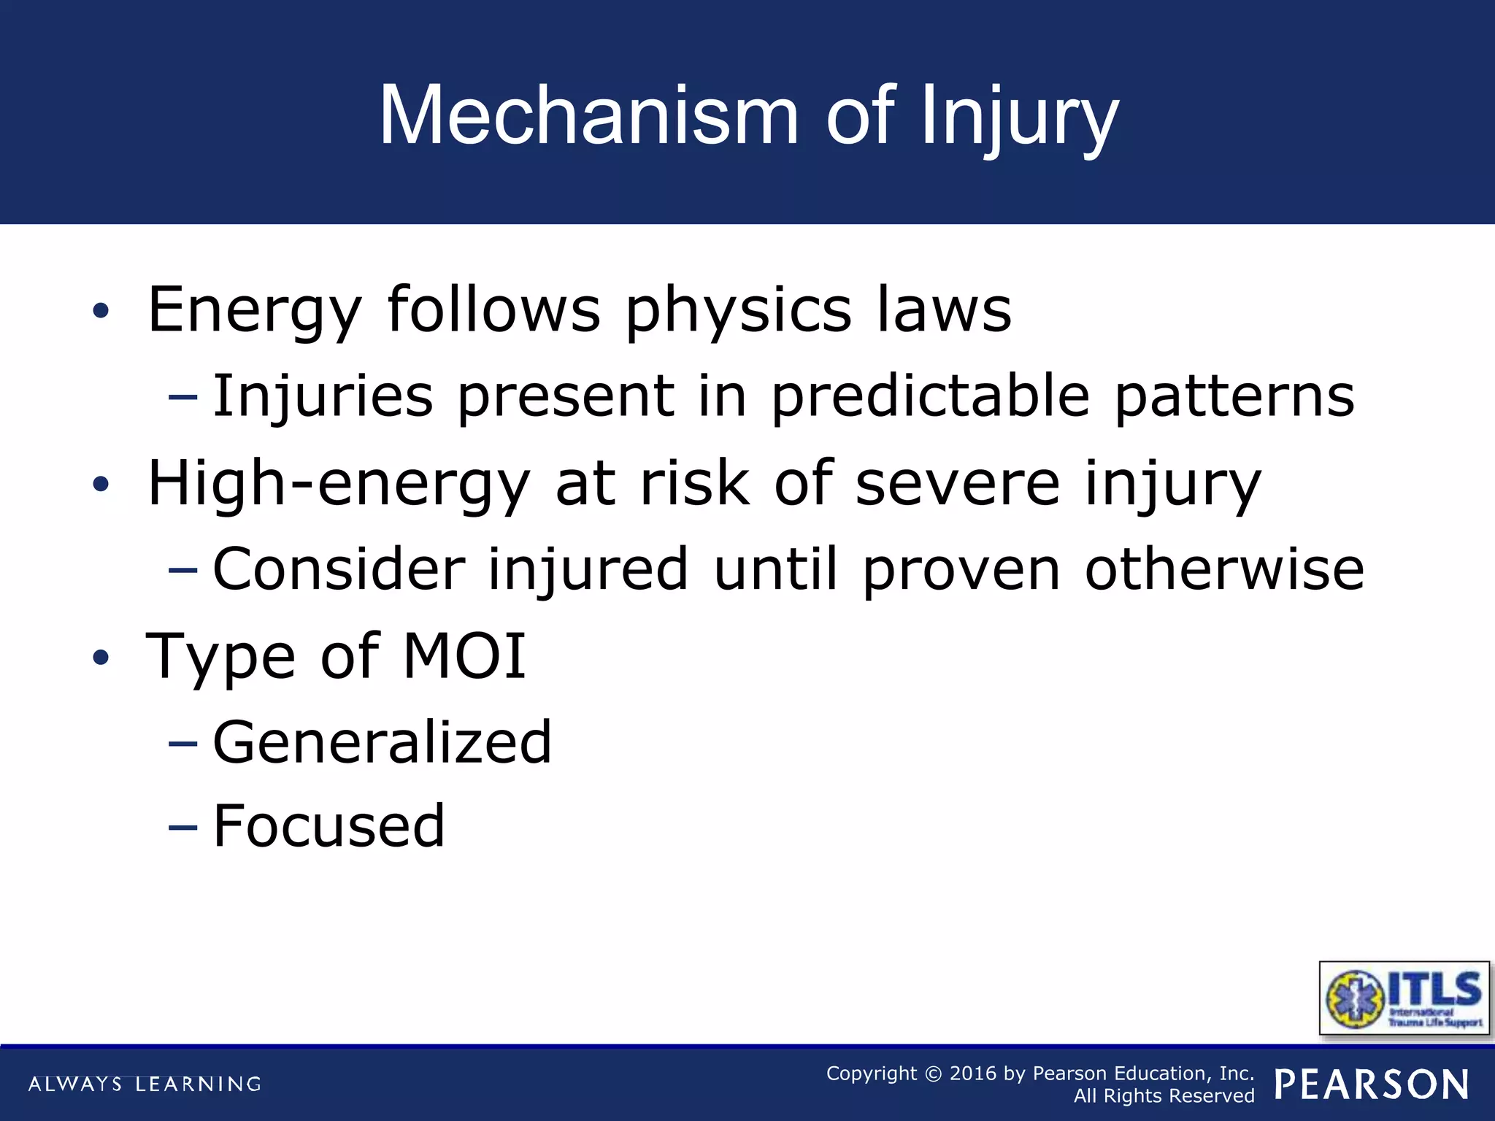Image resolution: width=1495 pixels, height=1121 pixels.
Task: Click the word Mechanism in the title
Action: [x=588, y=117]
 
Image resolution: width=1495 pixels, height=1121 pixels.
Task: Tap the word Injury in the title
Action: [x=1019, y=117]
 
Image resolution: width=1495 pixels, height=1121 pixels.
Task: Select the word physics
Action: [x=738, y=309]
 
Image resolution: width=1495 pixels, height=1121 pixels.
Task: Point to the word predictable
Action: [x=931, y=396]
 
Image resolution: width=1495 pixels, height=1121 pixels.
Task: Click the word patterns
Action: [x=1234, y=396]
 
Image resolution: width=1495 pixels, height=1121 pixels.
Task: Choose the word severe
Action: [x=957, y=483]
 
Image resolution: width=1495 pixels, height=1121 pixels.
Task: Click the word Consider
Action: [x=339, y=569]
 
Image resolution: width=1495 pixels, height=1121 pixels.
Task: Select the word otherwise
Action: [x=1224, y=569]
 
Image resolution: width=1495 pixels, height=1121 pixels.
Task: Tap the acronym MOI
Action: [x=464, y=656]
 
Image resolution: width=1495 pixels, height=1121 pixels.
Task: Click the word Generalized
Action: [x=382, y=742]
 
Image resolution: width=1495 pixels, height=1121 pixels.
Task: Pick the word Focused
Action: [x=328, y=826]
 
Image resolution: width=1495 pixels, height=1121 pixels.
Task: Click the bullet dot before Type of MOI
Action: [x=101, y=658]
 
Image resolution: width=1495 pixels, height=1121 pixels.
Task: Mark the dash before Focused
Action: [x=182, y=828]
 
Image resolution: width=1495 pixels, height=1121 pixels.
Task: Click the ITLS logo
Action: [x=1404, y=998]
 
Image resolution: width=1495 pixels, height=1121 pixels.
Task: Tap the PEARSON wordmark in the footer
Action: [x=1372, y=1085]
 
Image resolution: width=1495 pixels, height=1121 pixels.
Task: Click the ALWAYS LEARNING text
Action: [x=145, y=1084]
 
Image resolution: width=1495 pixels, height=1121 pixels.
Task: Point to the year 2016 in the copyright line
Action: [x=972, y=1074]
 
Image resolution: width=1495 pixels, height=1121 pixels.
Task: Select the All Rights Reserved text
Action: [x=1164, y=1096]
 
